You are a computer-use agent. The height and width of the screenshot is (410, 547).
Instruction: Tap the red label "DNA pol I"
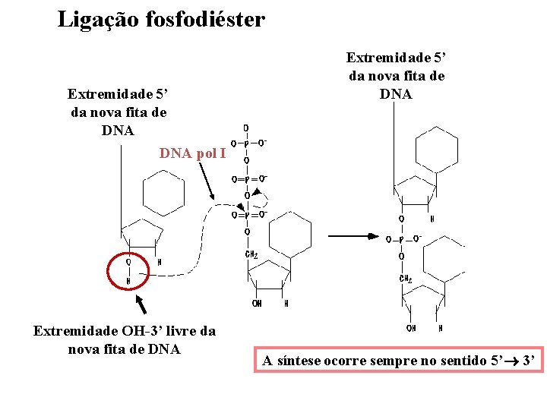[x=192, y=153]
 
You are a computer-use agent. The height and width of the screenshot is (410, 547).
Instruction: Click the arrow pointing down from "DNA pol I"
[x=212, y=182]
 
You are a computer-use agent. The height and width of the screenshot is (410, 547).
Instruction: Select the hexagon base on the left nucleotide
[x=164, y=193]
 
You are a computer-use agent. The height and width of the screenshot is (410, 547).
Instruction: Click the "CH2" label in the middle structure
[x=250, y=254]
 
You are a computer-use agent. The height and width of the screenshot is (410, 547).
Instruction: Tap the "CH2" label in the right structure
[x=406, y=279]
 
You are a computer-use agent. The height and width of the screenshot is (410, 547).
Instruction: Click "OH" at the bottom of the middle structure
[x=258, y=304]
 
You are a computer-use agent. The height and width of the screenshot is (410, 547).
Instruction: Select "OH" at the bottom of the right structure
[x=411, y=328]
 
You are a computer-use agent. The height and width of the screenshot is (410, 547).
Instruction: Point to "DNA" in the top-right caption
[x=396, y=94]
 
